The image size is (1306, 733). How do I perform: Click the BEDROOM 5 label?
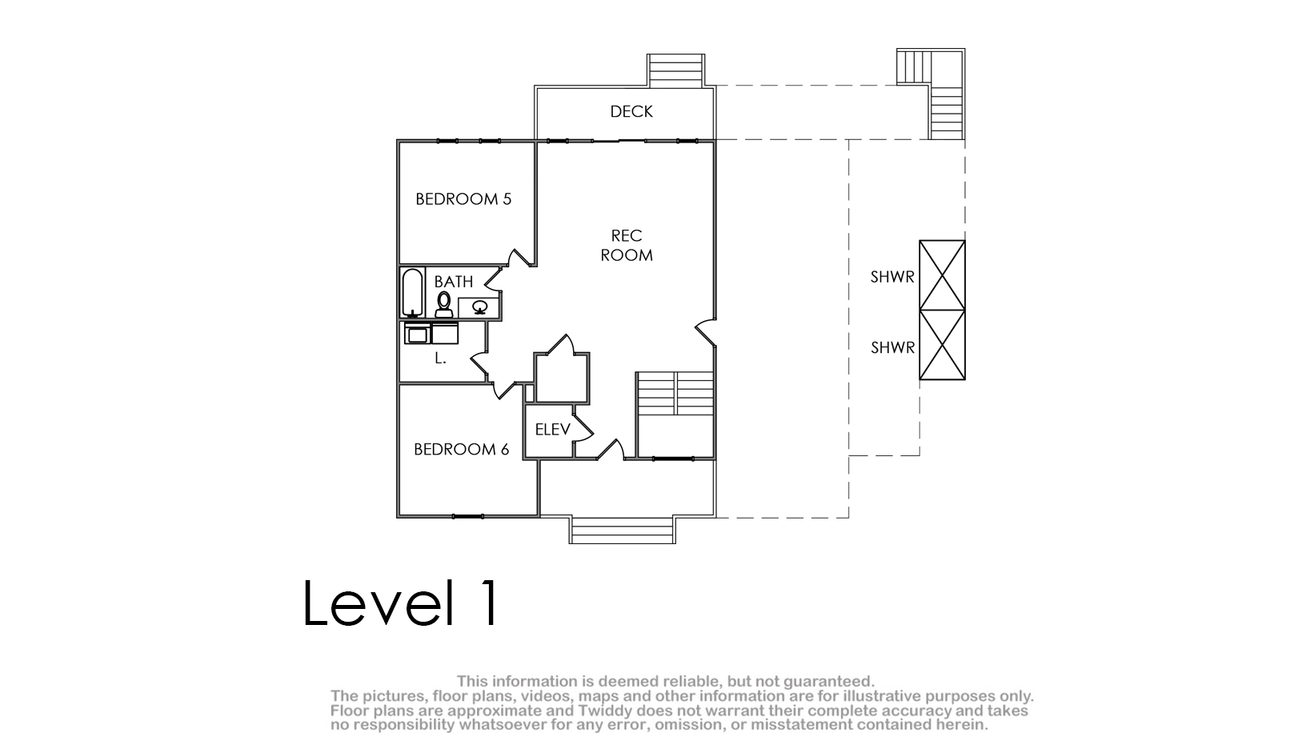[x=463, y=198]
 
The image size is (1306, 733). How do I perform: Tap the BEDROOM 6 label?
[x=462, y=449]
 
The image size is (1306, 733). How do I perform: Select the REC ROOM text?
[x=627, y=246]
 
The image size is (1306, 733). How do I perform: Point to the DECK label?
[x=631, y=111]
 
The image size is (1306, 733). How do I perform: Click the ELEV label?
[x=553, y=430]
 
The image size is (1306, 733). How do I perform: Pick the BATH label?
[x=454, y=282]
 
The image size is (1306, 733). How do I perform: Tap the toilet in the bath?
[x=444, y=304]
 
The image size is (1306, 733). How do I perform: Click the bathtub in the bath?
[x=413, y=293]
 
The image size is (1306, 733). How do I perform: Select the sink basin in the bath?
[x=480, y=306]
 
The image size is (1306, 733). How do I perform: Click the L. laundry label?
[x=440, y=358]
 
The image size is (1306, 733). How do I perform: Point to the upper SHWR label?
[x=892, y=277]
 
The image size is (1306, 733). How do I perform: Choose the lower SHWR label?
[x=892, y=347]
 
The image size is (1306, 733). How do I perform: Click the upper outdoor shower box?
[x=942, y=274]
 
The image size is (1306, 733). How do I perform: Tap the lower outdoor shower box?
[x=942, y=345]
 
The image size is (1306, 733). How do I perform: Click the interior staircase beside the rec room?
[x=675, y=393]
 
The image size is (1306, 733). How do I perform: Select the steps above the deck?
[x=675, y=71]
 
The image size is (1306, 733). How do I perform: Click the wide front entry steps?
[x=622, y=530]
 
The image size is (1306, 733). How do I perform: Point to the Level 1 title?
[x=400, y=603]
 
